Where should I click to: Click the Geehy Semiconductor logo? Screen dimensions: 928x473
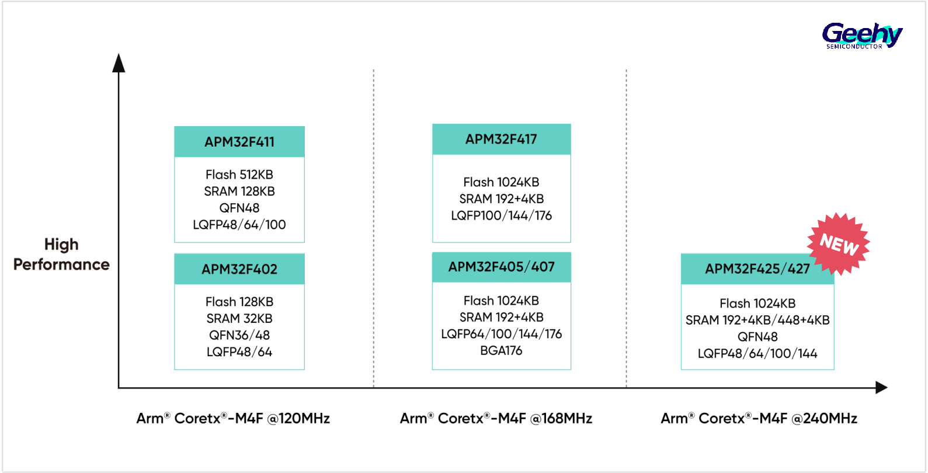[862, 36]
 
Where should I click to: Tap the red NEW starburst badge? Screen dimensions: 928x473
[839, 244]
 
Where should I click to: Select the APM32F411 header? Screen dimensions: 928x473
[239, 142]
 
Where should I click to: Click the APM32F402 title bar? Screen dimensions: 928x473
[239, 269]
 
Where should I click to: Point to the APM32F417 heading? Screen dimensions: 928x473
[501, 139]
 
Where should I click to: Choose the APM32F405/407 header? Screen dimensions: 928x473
[501, 267]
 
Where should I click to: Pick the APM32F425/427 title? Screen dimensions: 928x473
[757, 269]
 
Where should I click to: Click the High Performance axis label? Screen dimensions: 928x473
[61, 254]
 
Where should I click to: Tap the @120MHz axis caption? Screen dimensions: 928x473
[233, 418]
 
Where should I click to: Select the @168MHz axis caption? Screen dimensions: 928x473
[496, 418]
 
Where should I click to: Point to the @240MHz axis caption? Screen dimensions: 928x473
[759, 418]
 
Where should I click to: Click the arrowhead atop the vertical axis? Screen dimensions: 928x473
[119, 62]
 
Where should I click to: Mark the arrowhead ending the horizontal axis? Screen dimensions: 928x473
[881, 388]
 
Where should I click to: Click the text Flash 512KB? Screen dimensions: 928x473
[239, 175]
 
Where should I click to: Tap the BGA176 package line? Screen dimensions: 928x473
[501, 351]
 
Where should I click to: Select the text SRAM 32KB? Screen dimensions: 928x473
[239, 318]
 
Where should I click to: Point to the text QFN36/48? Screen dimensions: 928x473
[239, 335]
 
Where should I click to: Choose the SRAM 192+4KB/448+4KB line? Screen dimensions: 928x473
[757, 320]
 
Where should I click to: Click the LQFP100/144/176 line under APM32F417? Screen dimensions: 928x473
[501, 216]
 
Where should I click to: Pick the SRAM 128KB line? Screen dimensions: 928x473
[239, 192]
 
